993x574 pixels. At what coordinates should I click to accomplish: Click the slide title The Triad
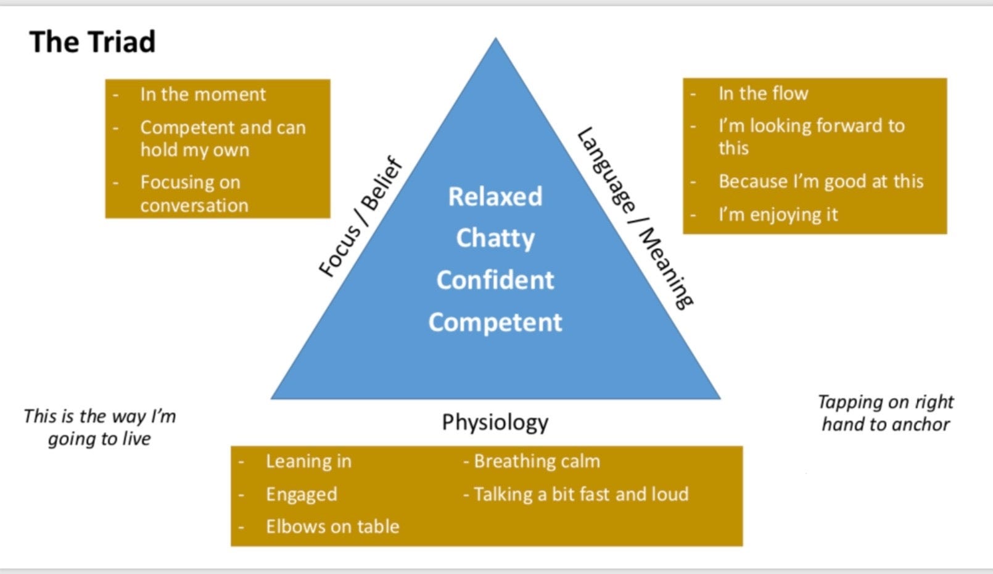93,43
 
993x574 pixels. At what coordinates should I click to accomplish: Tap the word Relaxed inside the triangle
495,197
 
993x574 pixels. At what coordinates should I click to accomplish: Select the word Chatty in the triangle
495,238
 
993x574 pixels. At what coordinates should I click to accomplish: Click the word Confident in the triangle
495,280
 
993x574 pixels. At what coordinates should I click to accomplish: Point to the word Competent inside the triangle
495,322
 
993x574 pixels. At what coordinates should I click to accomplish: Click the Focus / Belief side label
361,217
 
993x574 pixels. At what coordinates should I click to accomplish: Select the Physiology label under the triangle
495,422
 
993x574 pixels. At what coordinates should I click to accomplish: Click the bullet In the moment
203,94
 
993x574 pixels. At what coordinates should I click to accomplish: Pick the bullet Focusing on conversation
194,194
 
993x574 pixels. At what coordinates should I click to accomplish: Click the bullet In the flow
763,94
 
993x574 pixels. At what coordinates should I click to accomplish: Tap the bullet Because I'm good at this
820,181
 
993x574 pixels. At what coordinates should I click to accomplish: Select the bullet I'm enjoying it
778,215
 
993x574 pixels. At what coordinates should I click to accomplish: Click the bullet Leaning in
308,461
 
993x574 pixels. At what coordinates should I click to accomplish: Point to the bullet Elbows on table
332,526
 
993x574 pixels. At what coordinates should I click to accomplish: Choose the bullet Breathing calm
533,461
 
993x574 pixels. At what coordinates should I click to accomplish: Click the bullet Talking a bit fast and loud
577,494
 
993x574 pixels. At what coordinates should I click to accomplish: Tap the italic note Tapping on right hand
886,413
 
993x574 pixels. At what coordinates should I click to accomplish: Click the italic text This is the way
99,427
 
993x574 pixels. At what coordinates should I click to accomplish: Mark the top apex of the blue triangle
495,40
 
